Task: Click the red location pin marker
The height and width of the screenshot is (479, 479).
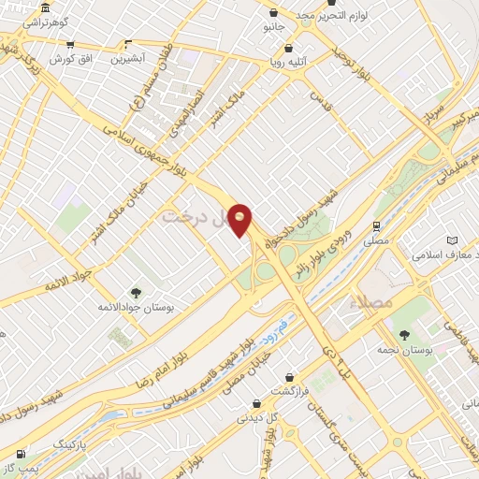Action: click(240, 219)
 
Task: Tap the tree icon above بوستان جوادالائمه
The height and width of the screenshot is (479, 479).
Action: click(136, 294)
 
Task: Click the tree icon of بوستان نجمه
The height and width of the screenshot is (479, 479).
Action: click(404, 335)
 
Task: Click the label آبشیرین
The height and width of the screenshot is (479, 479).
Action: click(128, 58)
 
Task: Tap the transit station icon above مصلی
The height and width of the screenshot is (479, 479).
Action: click(375, 225)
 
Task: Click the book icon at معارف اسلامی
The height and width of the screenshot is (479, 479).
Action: click(453, 241)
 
